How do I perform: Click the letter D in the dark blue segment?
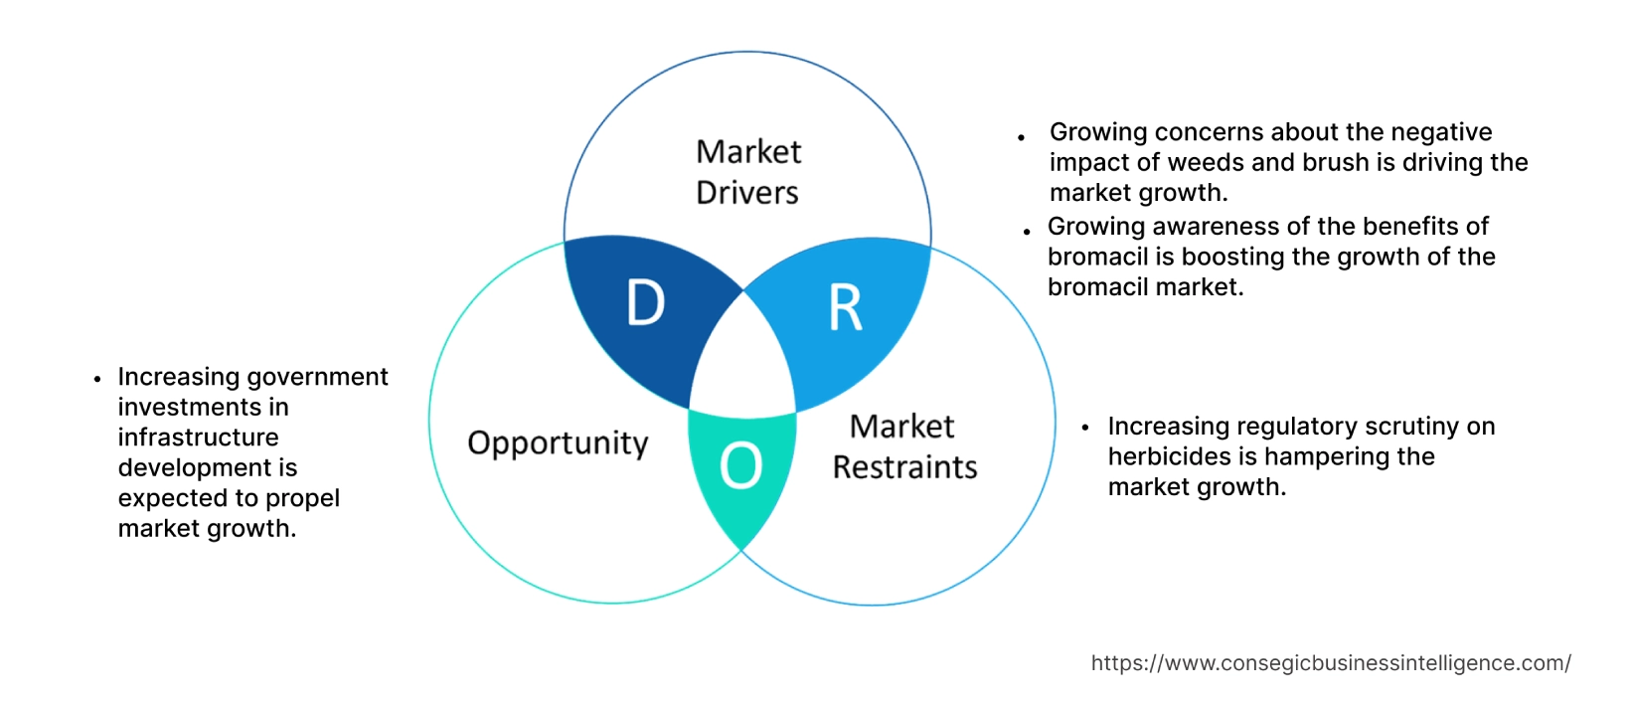pyautogui.click(x=646, y=303)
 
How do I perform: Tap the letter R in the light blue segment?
pyautogui.click(x=846, y=308)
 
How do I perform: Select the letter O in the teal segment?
pyautogui.click(x=741, y=465)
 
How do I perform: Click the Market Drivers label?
pyautogui.click(x=747, y=172)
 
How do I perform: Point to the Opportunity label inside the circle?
pyautogui.click(x=558, y=442)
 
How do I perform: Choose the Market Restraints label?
pyautogui.click(x=903, y=446)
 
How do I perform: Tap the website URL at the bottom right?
pyautogui.click(x=1330, y=663)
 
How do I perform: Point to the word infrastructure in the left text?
pyautogui.click(x=198, y=438)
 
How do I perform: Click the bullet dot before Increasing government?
pyautogui.click(x=97, y=379)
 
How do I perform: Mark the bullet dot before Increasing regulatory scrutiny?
pyautogui.click(x=1085, y=428)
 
